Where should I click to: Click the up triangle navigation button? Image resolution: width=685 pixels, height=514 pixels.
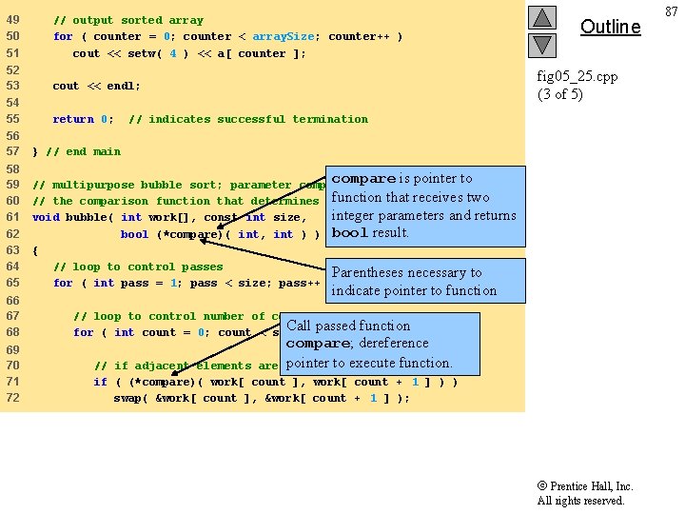(x=541, y=18)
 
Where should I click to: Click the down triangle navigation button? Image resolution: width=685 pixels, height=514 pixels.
(x=541, y=45)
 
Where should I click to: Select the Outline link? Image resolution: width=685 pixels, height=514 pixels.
(x=610, y=27)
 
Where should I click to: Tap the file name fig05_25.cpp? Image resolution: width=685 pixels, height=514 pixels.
(x=577, y=76)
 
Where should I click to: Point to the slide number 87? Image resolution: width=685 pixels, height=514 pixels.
(x=672, y=10)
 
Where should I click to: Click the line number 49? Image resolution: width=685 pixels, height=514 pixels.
(x=12, y=20)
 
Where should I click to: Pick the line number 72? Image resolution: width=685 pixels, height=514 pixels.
(x=12, y=398)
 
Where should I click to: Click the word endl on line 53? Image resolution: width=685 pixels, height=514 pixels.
(x=124, y=86)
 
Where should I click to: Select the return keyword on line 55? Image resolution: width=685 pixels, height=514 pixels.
(x=73, y=119)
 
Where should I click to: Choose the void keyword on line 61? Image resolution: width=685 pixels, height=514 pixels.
(x=46, y=217)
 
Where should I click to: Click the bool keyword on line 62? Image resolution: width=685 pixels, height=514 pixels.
(x=134, y=234)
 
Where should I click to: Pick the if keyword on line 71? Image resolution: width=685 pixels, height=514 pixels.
(x=99, y=382)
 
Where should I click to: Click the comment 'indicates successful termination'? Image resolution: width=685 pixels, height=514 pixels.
(x=248, y=119)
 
